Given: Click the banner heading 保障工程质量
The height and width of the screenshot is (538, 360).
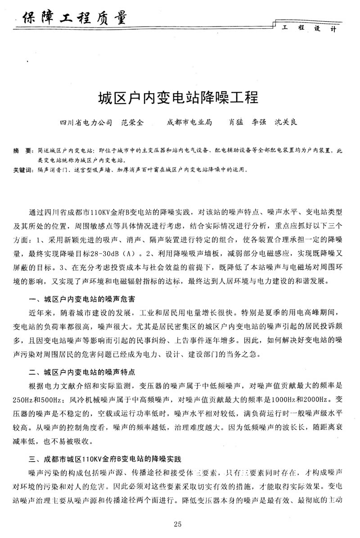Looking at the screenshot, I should click(72, 18).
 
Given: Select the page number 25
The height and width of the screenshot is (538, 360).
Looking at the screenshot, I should click(177, 523).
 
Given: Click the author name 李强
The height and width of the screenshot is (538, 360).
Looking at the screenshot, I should click(260, 122).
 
